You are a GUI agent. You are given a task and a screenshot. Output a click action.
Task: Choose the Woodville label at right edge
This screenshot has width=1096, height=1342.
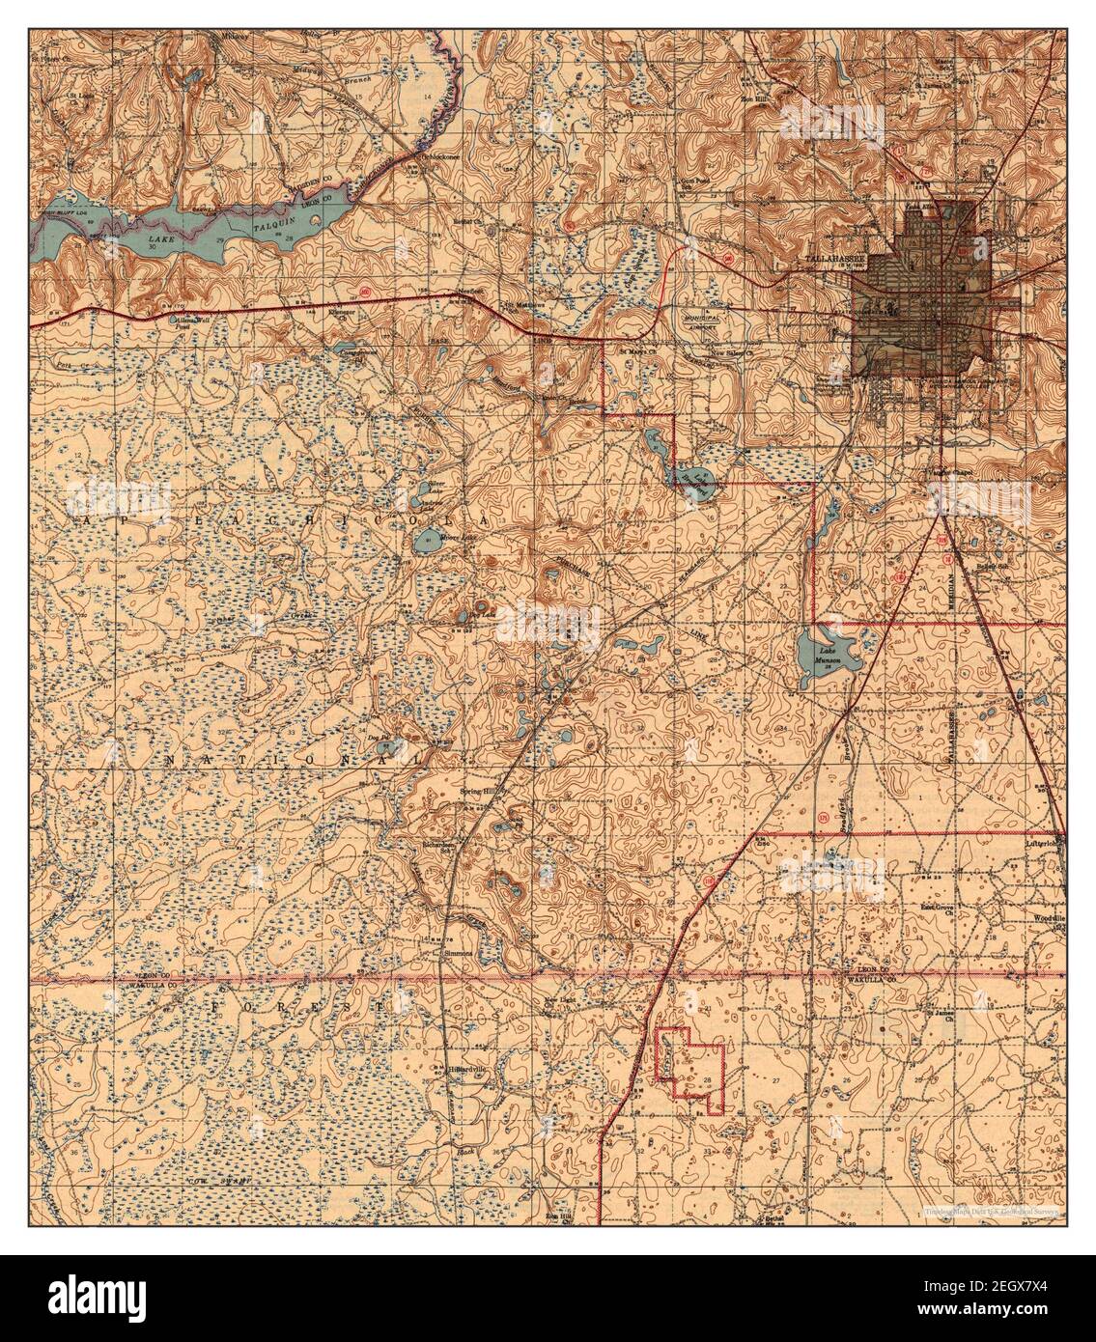[x=1048, y=916]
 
